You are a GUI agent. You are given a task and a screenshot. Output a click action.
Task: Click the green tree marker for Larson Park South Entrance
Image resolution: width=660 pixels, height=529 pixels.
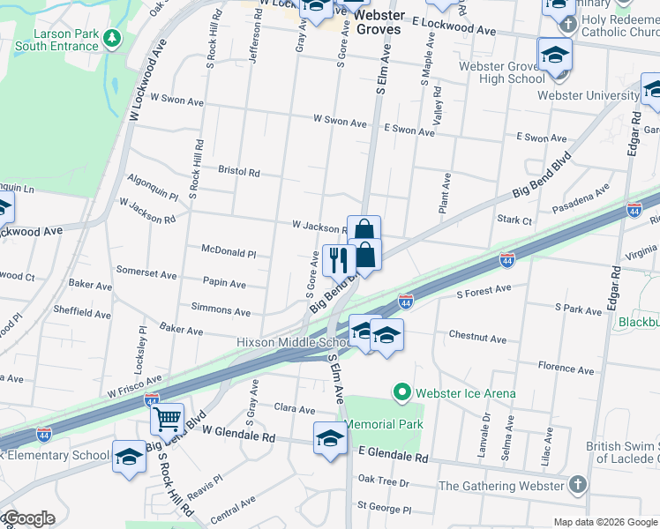coord(111,38)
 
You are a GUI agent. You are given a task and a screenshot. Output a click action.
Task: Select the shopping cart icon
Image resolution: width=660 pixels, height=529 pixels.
coord(166,419)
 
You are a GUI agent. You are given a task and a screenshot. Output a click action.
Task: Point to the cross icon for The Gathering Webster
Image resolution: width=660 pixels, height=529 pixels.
coord(577,485)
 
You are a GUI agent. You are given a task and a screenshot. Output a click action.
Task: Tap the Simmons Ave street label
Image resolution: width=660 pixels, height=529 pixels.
coord(221,310)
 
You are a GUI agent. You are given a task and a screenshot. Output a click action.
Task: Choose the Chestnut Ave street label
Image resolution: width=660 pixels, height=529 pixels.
coord(477,339)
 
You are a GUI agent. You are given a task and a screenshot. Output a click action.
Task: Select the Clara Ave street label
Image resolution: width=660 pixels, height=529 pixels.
coord(295,410)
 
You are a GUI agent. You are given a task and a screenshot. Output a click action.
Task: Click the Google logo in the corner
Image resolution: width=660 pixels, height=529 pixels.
coord(29,518)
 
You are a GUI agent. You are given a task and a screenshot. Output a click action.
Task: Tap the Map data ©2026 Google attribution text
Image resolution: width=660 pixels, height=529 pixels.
coord(605,522)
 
